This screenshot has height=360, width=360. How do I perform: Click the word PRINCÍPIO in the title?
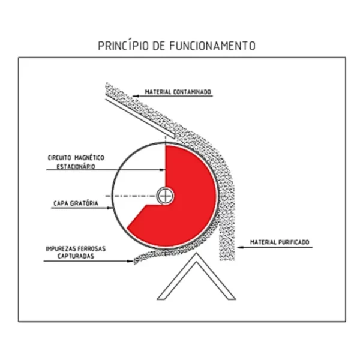point(123,46)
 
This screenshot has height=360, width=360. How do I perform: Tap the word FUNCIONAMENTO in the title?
point(212,46)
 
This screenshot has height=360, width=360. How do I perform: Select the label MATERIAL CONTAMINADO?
point(178,92)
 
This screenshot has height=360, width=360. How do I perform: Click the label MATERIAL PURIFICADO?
point(280,242)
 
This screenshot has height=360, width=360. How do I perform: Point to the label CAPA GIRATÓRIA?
point(76,203)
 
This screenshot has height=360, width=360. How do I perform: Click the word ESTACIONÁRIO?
point(76,166)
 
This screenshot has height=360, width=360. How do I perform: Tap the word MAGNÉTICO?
point(89,158)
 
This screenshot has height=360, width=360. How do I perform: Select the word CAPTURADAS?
point(76,256)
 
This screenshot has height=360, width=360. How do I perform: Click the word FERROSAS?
point(91,248)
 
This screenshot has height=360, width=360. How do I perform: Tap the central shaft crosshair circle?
point(165,196)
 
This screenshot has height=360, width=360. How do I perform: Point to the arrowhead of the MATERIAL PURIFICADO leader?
point(240,247)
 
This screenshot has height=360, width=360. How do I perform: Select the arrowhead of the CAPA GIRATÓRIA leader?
point(110,208)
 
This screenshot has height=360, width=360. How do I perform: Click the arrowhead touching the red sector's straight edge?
point(163,170)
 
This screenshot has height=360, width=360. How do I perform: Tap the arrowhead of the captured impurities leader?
point(130,261)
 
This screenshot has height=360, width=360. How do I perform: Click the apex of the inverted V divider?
point(196,253)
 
